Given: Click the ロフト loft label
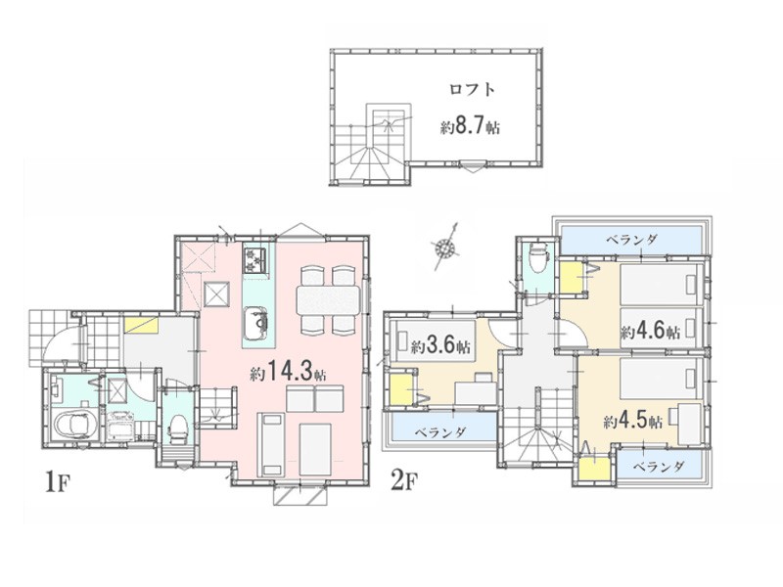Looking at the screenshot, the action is point(472,90).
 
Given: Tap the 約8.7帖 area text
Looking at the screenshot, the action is point(470,127).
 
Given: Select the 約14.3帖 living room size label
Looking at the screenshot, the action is point(288,372).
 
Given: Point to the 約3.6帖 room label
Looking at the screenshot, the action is point(440,345).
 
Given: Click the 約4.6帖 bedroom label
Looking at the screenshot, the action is point(651,332).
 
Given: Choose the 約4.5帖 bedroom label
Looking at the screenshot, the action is point(632,422).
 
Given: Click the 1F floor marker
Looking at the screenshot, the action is point(56,481).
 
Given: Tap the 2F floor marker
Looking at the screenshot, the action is point(403,481).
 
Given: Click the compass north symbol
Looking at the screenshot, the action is point(445,247).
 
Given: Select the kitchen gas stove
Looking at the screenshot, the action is point(255,260).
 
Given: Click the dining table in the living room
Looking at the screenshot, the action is point(328,300).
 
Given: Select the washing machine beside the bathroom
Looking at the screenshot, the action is point(119,425).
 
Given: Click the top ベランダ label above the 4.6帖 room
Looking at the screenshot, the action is point(631,239).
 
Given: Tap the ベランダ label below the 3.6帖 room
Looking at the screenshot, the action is point(441,431).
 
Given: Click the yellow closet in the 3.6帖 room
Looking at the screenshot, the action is point(399,389).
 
